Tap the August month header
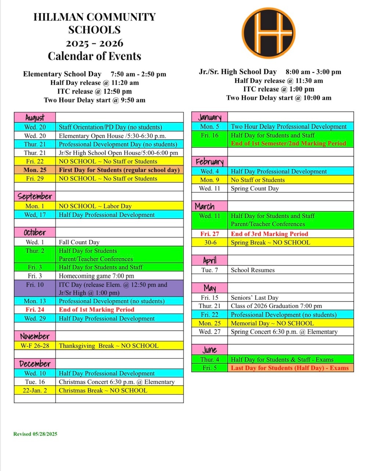click(x=35, y=118)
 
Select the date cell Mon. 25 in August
click(x=35, y=170)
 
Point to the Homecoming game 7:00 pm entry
click(x=96, y=276)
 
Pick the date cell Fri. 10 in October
click(x=35, y=285)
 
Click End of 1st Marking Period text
click(x=97, y=309)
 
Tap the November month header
click(x=35, y=336)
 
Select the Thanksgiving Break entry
click(x=109, y=346)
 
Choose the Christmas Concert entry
click(x=116, y=382)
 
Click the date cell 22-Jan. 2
click(x=35, y=390)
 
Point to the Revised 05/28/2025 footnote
click(x=35, y=434)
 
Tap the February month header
click(x=209, y=162)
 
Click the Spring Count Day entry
click(x=255, y=188)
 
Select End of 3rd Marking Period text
click(x=269, y=234)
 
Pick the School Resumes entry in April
click(x=253, y=270)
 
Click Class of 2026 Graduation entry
click(x=276, y=306)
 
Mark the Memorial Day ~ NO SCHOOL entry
click(x=272, y=323)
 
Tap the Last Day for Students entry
click(x=290, y=368)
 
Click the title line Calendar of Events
click(x=94, y=56)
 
